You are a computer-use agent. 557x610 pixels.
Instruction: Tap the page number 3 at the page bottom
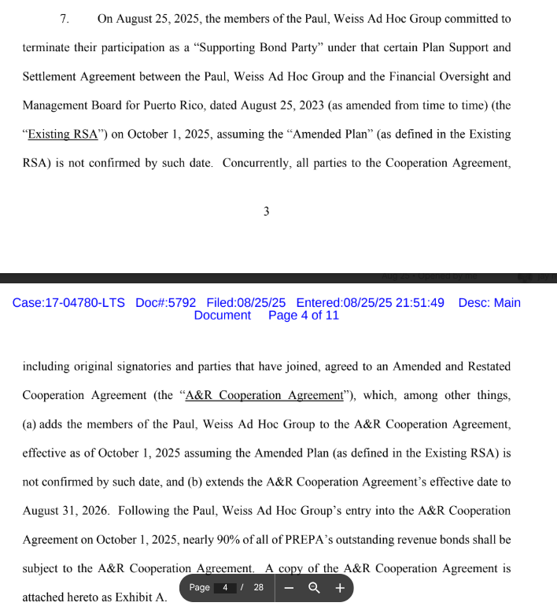pos(267,211)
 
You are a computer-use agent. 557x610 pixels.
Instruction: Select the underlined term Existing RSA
pos(63,134)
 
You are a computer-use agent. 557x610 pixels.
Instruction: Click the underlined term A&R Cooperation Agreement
pos(264,395)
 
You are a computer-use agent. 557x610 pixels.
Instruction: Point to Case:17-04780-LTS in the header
pos(68,302)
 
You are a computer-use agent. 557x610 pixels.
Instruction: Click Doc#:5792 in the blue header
pos(165,302)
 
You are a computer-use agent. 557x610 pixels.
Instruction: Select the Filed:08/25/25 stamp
pos(245,302)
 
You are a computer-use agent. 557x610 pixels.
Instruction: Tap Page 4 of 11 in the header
pos(303,316)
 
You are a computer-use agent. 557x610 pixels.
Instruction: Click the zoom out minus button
pos(290,588)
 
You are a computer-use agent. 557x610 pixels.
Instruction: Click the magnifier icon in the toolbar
pos(314,588)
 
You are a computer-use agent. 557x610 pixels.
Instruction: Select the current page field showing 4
pos(225,588)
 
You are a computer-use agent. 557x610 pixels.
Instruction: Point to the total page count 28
pos(258,588)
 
